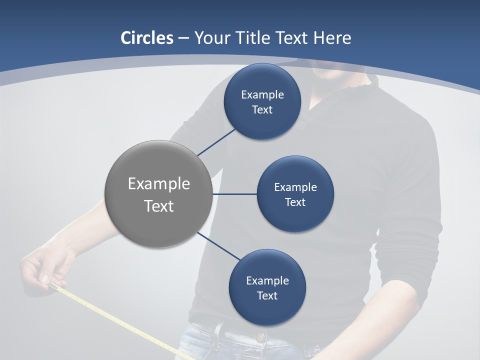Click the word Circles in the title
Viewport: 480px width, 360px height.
146,38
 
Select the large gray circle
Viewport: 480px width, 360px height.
158,194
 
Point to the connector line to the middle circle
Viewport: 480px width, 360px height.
234,194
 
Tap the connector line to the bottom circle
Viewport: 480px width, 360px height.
218,246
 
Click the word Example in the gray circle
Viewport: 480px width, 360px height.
158,184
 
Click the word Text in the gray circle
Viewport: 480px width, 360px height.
158,206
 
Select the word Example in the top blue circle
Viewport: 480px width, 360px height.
262,95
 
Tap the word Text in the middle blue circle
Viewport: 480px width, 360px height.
295,202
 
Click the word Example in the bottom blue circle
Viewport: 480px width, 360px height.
267,280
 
